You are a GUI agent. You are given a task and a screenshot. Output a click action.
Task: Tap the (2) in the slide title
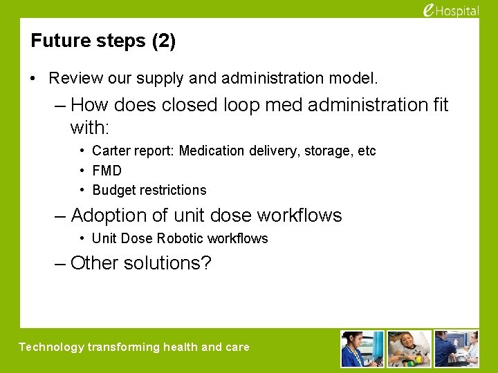(x=163, y=41)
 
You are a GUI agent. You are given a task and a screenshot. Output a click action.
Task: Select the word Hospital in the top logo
(x=457, y=11)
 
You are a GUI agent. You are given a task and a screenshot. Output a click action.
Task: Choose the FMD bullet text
(x=107, y=171)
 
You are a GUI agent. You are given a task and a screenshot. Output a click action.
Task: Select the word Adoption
(x=109, y=216)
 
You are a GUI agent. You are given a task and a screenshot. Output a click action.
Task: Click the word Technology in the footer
(x=51, y=347)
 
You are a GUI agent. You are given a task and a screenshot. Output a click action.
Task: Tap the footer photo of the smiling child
(x=409, y=348)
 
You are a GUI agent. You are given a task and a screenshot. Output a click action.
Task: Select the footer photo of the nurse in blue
(x=362, y=348)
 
